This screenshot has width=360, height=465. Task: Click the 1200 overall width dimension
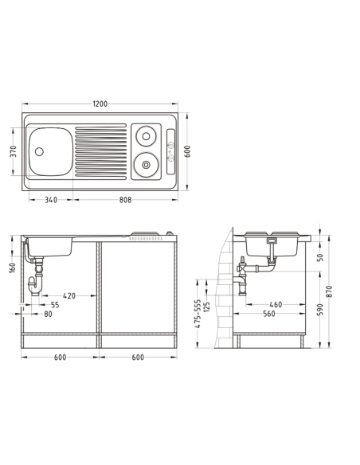coord(100,104)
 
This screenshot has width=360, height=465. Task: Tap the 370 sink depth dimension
coord(14,151)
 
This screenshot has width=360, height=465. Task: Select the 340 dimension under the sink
coord(51,200)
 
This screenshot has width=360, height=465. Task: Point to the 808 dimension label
coord(125,200)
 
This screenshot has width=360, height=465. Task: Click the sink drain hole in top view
coord(39,151)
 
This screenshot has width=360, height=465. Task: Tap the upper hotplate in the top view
coord(146,136)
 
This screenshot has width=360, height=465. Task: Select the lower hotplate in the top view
coord(146,165)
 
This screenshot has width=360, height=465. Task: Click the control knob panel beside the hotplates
coord(170,152)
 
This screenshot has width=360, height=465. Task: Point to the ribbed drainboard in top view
coord(101,152)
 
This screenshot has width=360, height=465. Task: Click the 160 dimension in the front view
coord(13,268)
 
